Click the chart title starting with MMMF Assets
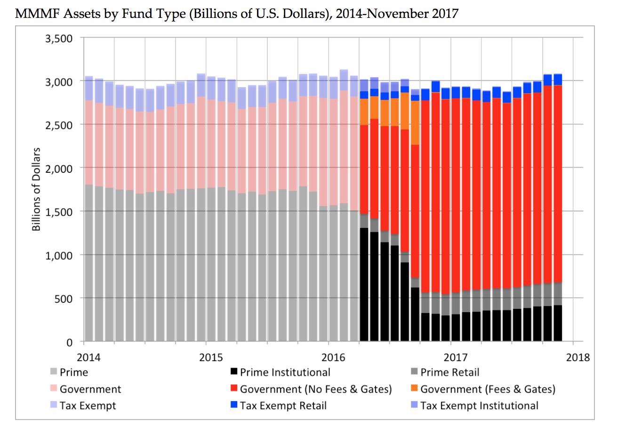(x=236, y=13)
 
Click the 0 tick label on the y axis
(x=69, y=342)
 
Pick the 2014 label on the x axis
(x=88, y=357)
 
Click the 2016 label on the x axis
(x=333, y=357)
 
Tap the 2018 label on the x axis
(x=578, y=357)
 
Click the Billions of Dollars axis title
(x=36, y=189)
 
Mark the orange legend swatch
(x=414, y=388)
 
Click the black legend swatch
(x=234, y=372)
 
